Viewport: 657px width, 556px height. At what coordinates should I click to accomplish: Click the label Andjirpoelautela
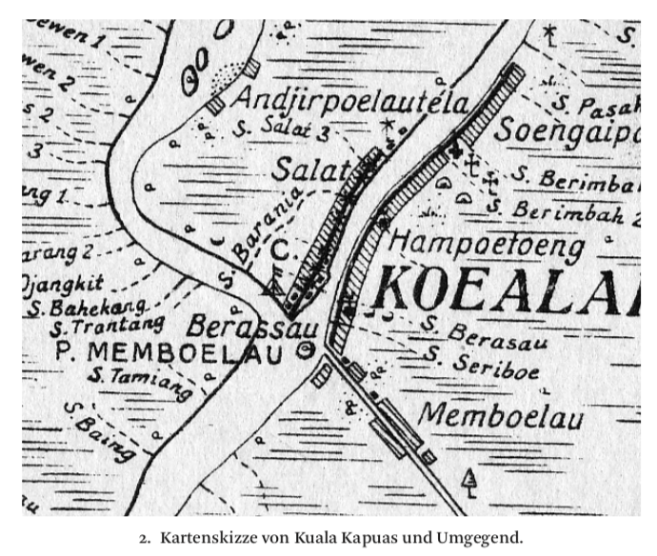point(351,101)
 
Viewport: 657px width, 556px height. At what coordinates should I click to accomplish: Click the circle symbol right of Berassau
point(305,350)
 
